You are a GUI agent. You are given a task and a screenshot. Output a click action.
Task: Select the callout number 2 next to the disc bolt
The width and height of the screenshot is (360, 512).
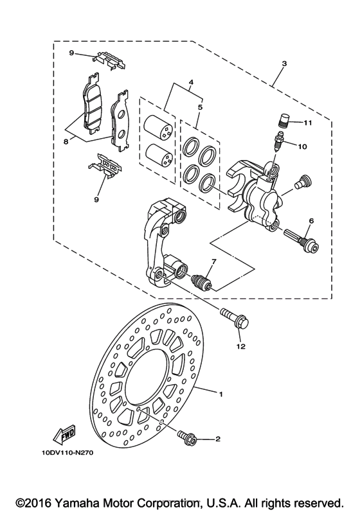218,439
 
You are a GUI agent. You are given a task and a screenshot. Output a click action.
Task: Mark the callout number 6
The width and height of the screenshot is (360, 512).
310,221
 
